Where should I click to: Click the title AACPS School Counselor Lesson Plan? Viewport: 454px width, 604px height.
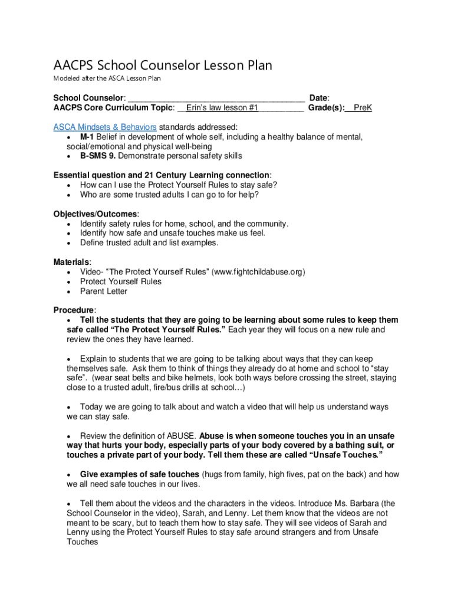click(x=163, y=65)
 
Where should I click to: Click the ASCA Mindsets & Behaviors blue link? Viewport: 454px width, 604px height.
click(x=105, y=127)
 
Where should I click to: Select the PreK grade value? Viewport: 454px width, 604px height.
click(x=363, y=108)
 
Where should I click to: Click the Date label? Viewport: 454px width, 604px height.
click(x=319, y=98)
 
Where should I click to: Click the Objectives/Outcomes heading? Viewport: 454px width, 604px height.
click(x=95, y=214)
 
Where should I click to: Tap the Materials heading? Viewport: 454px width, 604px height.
click(x=72, y=262)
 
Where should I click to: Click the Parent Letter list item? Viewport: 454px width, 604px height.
click(x=104, y=291)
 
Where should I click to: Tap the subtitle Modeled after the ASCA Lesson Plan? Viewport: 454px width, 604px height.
click(x=107, y=78)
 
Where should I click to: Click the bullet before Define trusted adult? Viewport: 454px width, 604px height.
click(x=70, y=242)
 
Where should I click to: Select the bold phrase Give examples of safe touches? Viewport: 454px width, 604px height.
click(x=140, y=474)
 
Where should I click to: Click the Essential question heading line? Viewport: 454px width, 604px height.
click(x=163, y=175)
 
